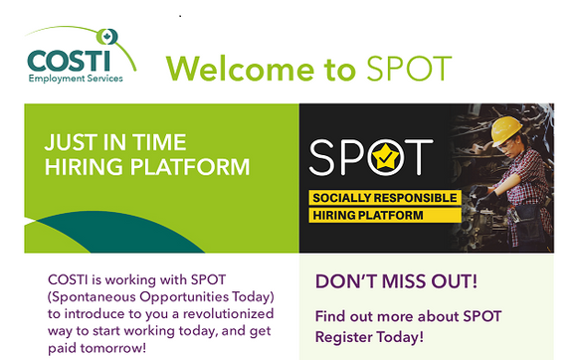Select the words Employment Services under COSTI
click(77, 79)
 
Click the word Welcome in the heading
click(248, 68)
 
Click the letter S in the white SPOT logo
click(325, 156)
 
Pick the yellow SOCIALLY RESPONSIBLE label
click(384, 197)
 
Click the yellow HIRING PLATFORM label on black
click(368, 215)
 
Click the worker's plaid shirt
click(527, 184)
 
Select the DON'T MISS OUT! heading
click(395, 281)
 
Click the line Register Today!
click(369, 337)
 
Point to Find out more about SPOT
click(408, 316)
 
